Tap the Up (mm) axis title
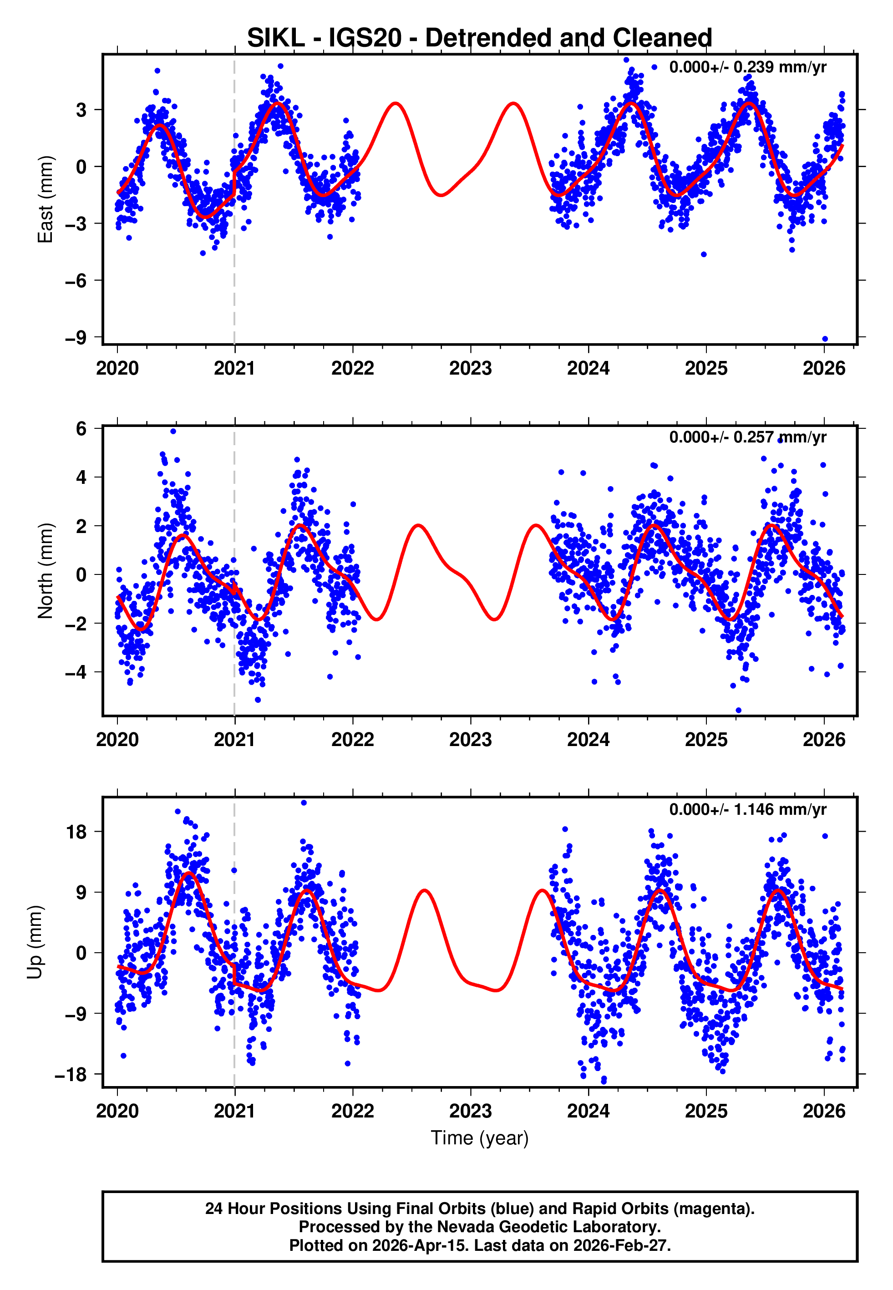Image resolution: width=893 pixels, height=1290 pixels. click(35, 942)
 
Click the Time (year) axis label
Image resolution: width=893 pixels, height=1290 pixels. click(480, 1138)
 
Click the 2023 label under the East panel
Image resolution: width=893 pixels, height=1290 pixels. click(470, 369)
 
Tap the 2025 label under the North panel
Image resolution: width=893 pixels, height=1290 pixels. click(706, 740)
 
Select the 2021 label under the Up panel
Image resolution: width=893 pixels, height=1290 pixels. click(234, 1111)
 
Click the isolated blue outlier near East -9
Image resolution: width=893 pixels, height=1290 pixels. click(825, 339)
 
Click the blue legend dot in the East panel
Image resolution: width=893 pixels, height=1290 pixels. click(654, 67)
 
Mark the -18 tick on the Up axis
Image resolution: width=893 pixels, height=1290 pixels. click(71, 1075)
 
